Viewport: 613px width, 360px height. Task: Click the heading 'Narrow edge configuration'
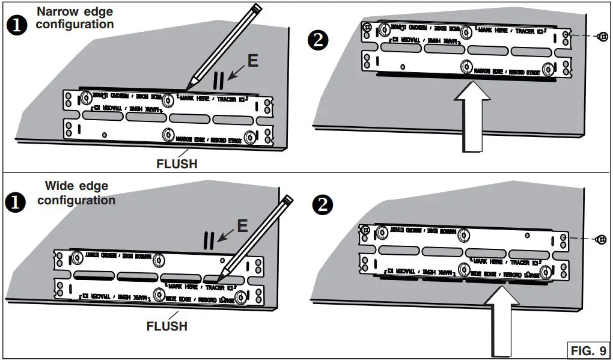point(75,18)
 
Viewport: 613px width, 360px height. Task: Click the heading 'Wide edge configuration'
point(76,193)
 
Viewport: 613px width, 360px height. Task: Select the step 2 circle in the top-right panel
point(318,41)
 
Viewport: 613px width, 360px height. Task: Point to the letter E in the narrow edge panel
point(253,61)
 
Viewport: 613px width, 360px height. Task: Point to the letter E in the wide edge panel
point(242,225)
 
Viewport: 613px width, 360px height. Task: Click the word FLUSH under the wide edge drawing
point(167,326)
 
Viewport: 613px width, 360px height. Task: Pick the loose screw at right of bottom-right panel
point(599,239)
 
